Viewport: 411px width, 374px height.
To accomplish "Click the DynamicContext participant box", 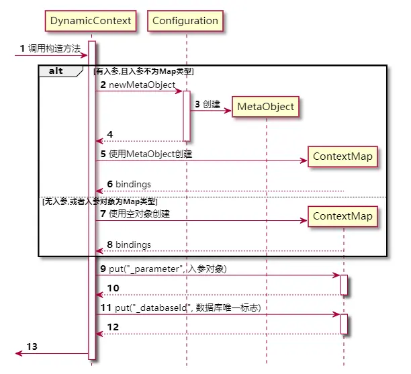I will pyautogui.click(x=91, y=21).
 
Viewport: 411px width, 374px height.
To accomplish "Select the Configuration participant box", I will pyautogui.click(x=185, y=21).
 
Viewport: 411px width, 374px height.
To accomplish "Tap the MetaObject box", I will pyautogui.click(x=265, y=106).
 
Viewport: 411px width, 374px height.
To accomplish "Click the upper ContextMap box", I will pyautogui.click(x=342, y=156).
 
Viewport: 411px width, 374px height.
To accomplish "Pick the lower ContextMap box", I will pyautogui.click(x=342, y=216).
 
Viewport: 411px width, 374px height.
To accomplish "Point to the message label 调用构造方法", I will pyautogui.click(x=54, y=48).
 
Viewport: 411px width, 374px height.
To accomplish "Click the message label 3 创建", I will pyautogui.click(x=208, y=105).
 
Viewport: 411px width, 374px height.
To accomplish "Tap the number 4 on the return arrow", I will pyautogui.click(x=111, y=134).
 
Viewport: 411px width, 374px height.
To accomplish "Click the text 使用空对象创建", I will pyautogui.click(x=138, y=214).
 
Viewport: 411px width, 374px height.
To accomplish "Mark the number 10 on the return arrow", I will pyautogui.click(x=114, y=288).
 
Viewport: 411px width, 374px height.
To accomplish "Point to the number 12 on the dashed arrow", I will pyautogui.click(x=114, y=327).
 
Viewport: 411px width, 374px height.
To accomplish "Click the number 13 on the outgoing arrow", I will pyautogui.click(x=32, y=346).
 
